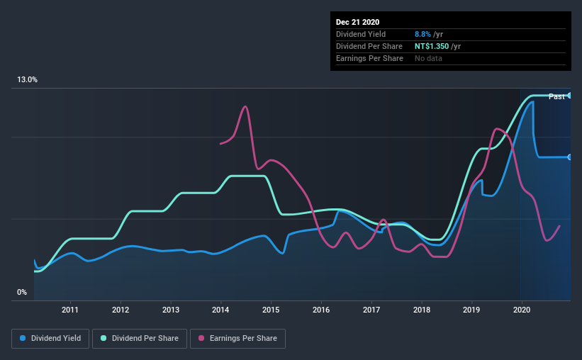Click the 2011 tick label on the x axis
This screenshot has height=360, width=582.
70,310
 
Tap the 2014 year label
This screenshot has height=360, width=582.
220,310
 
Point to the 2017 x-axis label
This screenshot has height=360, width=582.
371,310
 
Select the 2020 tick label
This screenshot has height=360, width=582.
522,310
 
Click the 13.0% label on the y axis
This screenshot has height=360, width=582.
27,79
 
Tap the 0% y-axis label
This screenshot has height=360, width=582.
22,292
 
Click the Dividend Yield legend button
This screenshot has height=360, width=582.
50,339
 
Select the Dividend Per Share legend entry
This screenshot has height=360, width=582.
140,339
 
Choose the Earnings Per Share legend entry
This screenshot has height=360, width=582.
237,339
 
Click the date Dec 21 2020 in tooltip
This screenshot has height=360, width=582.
357,22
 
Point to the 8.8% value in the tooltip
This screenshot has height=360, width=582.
422,34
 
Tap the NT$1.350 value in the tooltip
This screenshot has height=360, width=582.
432,46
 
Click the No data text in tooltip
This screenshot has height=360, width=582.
428,58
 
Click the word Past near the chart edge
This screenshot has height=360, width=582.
556,96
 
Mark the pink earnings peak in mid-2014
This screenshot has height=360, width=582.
245,107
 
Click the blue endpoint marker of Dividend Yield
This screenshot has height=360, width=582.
569,157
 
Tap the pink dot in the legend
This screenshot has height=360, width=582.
201,338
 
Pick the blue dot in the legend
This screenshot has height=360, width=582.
23,338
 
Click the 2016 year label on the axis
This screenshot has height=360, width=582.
321,310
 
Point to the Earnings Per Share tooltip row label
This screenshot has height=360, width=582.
369,58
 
